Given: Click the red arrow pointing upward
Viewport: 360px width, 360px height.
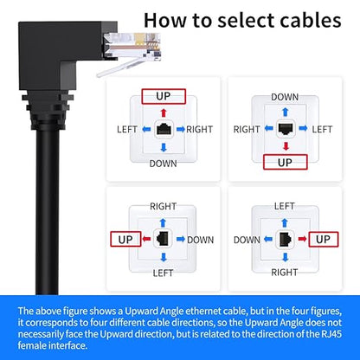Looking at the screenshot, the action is pos(164,112).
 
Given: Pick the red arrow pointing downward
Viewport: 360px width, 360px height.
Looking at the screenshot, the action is pos(286,146).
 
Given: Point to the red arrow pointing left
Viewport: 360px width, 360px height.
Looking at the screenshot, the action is pos(146,239).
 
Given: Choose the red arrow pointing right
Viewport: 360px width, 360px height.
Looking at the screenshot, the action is pos(302,239).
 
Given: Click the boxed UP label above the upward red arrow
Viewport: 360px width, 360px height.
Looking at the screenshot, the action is pos(164,96).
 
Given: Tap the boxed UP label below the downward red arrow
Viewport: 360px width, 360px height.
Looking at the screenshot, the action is pos(286,162).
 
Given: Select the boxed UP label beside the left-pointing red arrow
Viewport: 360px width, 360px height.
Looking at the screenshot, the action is pos(125,239).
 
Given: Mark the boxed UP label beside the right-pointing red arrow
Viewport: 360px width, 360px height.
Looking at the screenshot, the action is pos(323,239).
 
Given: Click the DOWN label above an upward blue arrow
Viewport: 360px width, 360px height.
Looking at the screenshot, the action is pos(285,97).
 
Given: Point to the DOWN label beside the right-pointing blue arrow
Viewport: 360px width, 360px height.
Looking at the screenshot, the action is pos(201,240).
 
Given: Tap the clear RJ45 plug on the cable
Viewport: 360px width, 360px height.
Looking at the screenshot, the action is pos(132,47).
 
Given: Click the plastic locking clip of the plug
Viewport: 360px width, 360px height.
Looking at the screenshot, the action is pos(121,67).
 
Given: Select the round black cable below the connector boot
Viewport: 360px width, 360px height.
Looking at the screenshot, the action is pos(48,210).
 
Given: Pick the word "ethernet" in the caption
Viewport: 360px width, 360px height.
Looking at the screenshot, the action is pos(203,311).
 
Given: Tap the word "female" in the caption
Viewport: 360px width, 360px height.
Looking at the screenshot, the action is pos(31,345).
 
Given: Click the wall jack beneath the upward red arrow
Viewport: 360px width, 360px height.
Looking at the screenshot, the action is pos(164,130).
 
